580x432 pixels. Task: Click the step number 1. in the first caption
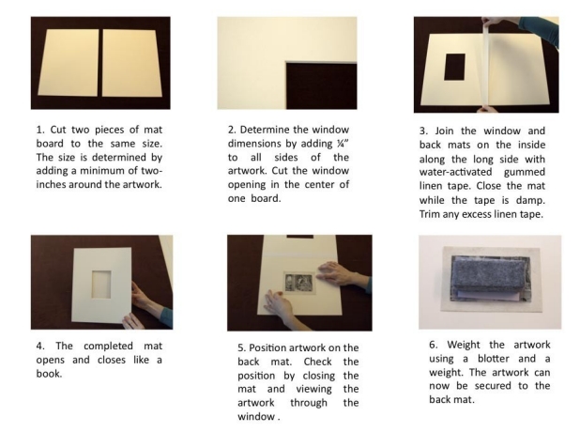(x=40, y=130)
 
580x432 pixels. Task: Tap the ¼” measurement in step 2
(x=343, y=144)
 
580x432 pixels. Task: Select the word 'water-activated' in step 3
(x=455, y=172)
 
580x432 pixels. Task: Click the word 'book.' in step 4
(x=49, y=374)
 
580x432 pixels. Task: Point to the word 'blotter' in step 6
(x=494, y=359)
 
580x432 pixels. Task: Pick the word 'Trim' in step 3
(x=427, y=214)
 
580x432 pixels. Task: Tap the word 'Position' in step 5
(x=267, y=348)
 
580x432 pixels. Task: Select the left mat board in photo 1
(x=69, y=63)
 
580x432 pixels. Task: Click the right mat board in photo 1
(x=131, y=63)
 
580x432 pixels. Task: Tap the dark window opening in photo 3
(x=454, y=67)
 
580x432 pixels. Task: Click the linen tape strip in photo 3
(x=485, y=64)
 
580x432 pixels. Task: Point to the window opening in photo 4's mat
(x=101, y=285)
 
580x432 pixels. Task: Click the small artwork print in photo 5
(x=298, y=284)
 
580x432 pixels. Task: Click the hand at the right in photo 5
(x=340, y=274)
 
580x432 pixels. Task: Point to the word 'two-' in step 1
(x=152, y=171)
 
